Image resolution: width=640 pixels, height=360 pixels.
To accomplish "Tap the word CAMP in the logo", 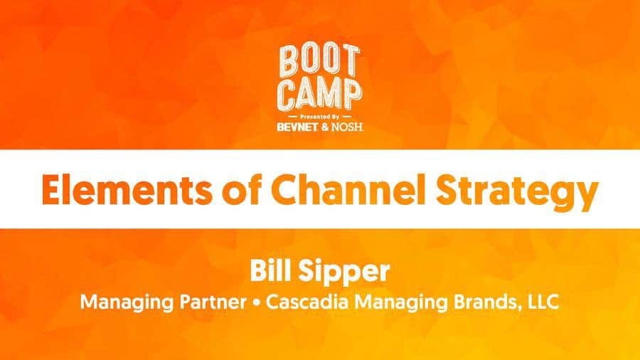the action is click(x=319, y=95).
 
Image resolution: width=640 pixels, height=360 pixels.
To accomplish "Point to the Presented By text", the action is click(x=320, y=117).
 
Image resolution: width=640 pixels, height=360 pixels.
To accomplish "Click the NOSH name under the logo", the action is click(x=347, y=127).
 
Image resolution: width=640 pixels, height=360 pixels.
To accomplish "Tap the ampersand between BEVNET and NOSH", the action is click(x=325, y=127).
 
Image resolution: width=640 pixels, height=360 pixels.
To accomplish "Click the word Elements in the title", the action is click(x=127, y=190).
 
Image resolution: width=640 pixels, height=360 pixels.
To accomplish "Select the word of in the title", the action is click(x=242, y=190).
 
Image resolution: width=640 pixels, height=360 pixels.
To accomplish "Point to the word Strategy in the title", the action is click(x=517, y=193).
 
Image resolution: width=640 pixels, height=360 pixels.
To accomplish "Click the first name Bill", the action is click(x=270, y=270).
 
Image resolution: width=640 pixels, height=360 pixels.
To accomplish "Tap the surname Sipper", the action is click(x=344, y=272).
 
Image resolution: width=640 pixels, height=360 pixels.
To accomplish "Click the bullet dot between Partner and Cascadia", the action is click(x=256, y=303).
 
